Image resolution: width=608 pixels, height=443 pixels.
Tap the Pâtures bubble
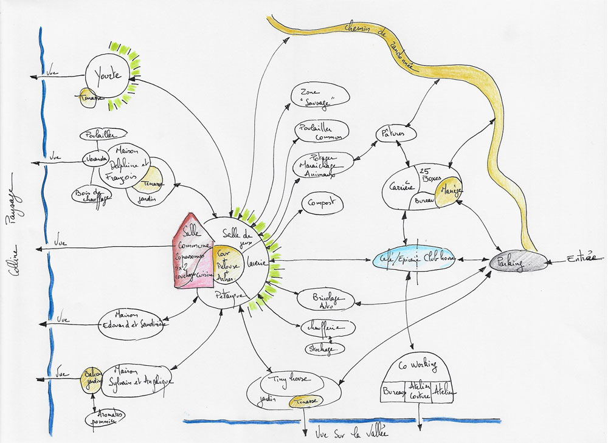390,133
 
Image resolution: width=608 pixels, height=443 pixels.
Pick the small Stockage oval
325,349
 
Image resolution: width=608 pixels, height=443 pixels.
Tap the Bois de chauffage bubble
92,194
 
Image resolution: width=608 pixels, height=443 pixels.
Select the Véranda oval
94,159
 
